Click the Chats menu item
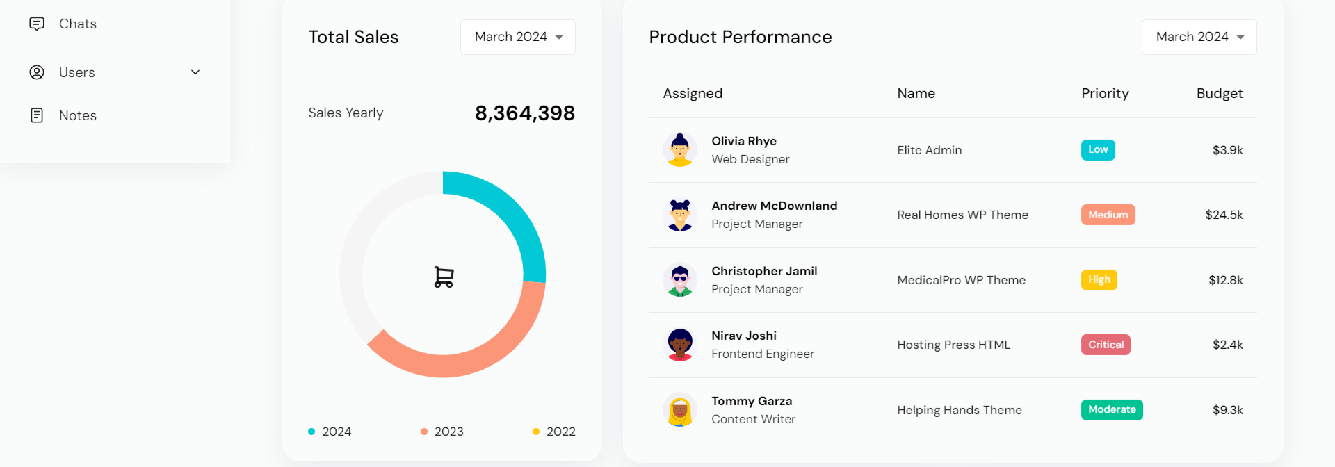(76, 24)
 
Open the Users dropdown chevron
(195, 72)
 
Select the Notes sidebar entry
(76, 115)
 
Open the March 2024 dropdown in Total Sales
(518, 37)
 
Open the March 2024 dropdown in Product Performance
(1199, 37)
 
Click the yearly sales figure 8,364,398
(524, 113)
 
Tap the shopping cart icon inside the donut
(444, 277)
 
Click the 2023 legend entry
(442, 432)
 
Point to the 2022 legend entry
(554, 432)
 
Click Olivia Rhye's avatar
(679, 149)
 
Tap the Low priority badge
(1098, 150)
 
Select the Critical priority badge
(1106, 345)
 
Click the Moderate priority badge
(1112, 410)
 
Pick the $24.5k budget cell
(1224, 215)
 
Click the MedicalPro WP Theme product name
(961, 280)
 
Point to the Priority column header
(1105, 94)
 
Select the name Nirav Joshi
(744, 336)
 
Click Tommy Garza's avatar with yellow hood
(679, 409)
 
